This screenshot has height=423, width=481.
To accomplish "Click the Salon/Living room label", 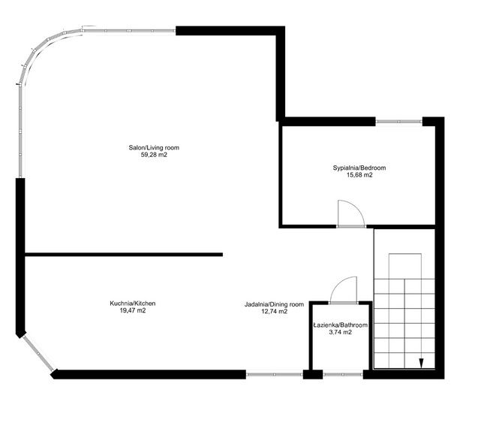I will [154, 148].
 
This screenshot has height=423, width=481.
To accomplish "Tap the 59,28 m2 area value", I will [154, 156].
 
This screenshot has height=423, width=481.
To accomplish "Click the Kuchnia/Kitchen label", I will [132, 303].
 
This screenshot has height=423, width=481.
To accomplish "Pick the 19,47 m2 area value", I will [132, 310].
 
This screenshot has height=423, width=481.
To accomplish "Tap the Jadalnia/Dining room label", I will [274, 304].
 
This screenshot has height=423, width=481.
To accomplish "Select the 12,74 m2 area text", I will [274, 312].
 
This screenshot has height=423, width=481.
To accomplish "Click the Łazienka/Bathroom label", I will [340, 325].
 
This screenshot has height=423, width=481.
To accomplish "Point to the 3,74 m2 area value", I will [340, 332].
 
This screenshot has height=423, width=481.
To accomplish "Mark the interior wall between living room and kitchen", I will [124, 255].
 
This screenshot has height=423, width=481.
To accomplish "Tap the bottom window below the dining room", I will [275, 373].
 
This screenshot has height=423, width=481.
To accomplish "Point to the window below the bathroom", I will [343, 373].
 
